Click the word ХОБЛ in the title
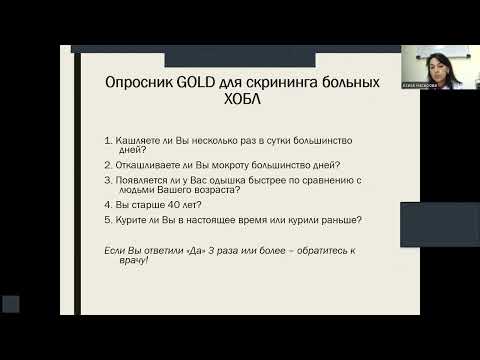[239, 104]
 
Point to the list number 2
[106, 165]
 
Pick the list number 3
[106, 180]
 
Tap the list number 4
[106, 204]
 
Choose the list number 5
[106, 219]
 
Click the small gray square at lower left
[11, 303]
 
